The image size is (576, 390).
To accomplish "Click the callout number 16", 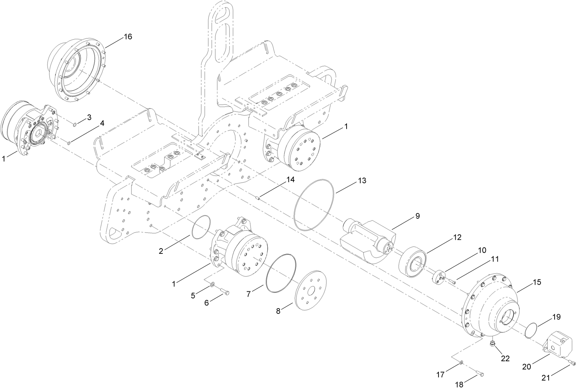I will click(x=128, y=37).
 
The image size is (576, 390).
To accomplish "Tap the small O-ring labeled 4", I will click(x=69, y=143).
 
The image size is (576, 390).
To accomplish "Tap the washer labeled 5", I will click(x=213, y=283).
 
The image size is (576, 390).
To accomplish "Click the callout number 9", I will click(x=417, y=216).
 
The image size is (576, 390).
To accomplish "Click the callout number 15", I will click(x=537, y=282).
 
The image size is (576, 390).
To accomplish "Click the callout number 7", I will click(x=249, y=295).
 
